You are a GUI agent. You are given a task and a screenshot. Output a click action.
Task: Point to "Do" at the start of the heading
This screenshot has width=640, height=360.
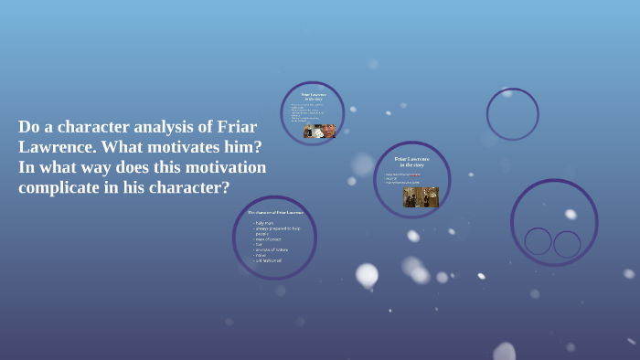(28, 127)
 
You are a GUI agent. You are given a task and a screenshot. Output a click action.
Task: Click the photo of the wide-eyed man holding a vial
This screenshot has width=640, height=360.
(320, 131)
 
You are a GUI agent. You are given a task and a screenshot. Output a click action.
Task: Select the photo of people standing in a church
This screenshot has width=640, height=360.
(421, 197)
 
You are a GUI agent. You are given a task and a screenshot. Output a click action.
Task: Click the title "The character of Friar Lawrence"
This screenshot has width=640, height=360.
(275, 212)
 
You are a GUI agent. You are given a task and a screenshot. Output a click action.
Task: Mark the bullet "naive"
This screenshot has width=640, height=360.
(261, 255)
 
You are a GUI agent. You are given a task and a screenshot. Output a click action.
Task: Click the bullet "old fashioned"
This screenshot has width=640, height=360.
(269, 260)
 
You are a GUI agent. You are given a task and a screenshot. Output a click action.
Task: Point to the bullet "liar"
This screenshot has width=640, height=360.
(260, 244)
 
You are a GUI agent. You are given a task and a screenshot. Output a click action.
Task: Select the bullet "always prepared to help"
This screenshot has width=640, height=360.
(277, 228)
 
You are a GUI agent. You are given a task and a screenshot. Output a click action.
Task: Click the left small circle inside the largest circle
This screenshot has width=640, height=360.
(538, 241)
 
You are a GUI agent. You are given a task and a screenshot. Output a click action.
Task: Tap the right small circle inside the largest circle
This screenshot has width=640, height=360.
(567, 244)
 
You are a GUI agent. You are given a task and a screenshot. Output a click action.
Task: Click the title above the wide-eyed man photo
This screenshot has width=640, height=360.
(314, 96)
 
